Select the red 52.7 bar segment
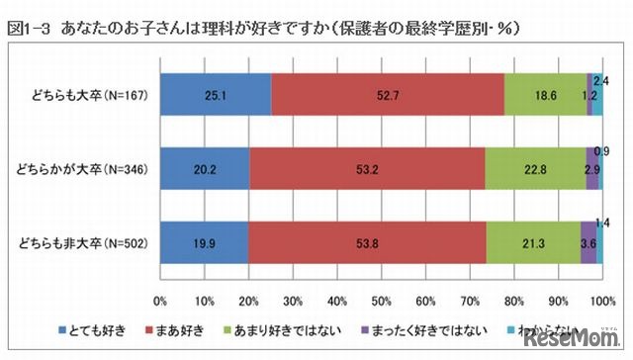coord(387,95)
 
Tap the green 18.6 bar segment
coord(545,95)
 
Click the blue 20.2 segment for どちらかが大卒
coord(204,168)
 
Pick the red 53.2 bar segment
coord(367,168)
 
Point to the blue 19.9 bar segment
coord(203,243)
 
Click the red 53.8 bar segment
coord(367,243)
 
